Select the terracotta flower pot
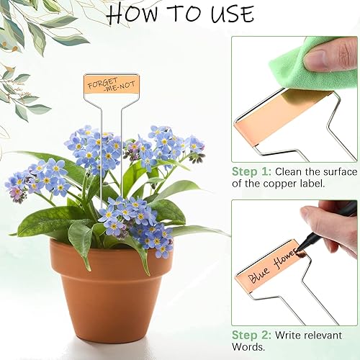[x=112, y=288]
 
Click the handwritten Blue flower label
[x=269, y=270]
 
